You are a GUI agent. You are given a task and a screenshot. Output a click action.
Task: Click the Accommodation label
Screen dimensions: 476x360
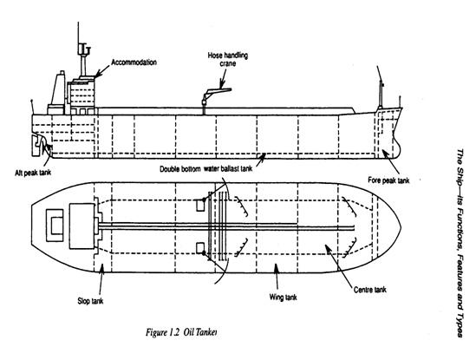click(134, 62)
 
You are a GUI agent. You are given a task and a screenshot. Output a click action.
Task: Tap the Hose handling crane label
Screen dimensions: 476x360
click(228, 59)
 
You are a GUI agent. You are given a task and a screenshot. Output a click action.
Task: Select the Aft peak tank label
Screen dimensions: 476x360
click(33, 173)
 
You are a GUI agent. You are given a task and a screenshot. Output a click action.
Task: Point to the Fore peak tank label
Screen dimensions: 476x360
click(388, 180)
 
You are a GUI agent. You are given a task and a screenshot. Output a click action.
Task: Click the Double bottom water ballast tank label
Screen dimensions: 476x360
click(205, 168)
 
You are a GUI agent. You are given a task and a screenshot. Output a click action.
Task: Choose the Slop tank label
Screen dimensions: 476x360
click(90, 301)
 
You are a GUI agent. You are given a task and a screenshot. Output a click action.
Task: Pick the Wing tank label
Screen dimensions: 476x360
click(283, 297)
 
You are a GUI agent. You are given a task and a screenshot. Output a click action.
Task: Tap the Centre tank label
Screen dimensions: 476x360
click(370, 290)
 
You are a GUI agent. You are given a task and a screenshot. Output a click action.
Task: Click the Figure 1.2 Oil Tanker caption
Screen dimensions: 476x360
click(181, 332)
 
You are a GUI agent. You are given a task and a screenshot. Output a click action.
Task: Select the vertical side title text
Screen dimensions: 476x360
click(460, 243)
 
